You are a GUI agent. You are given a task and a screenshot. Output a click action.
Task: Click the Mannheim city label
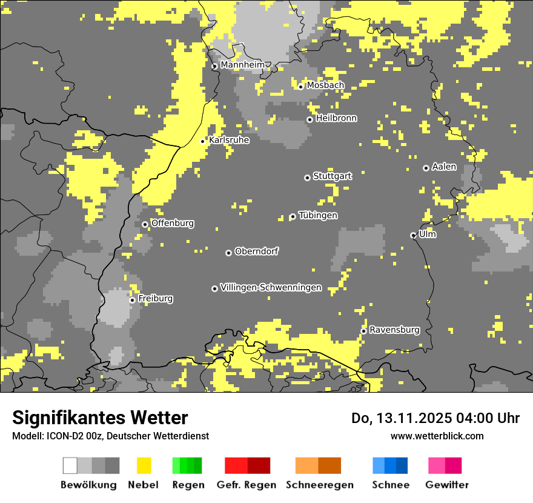point(242,65)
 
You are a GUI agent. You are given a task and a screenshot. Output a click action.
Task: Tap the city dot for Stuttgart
point(307,178)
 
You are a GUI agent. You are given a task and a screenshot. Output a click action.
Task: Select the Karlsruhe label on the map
point(229,140)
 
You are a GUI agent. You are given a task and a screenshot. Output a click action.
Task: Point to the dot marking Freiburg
point(132,300)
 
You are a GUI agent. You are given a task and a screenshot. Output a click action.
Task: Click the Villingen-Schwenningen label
point(271,288)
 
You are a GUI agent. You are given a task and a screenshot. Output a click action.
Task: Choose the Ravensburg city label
point(394,330)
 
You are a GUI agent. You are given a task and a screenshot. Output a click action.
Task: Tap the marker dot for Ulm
point(413,235)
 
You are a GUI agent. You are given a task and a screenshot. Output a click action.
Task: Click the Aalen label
point(444,167)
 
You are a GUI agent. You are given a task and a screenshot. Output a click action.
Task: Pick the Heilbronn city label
point(336,118)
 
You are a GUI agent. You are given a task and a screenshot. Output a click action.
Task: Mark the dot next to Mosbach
point(300,87)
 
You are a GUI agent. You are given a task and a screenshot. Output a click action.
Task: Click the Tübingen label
point(318,216)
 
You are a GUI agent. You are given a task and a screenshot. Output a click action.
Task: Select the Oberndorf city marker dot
point(228,253)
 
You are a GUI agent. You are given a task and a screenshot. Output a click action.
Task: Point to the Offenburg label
point(173,223)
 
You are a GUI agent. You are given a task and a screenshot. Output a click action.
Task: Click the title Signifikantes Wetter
point(100,418)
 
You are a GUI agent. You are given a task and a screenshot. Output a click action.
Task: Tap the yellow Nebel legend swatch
point(144,465)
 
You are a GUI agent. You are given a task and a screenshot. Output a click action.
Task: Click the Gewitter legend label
point(447,485)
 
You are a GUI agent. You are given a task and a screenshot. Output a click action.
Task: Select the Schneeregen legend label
point(319,485)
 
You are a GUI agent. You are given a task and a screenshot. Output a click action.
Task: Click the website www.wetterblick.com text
point(437,436)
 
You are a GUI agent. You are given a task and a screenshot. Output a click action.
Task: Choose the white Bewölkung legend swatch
point(70,465)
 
